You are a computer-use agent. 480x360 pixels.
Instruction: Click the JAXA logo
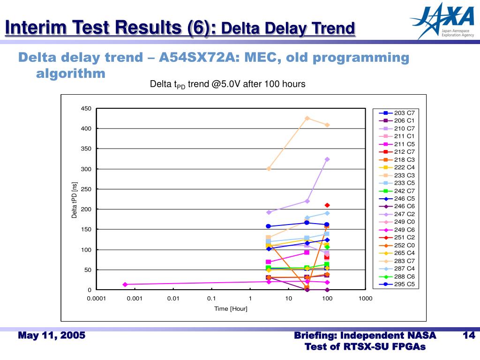tap(442, 21)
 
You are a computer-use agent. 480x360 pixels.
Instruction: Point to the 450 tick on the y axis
tap(86, 109)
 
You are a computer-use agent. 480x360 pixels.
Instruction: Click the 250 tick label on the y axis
tap(86, 189)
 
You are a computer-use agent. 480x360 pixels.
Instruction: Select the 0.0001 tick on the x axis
tap(96, 299)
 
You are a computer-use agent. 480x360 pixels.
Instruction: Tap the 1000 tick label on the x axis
tap(365, 299)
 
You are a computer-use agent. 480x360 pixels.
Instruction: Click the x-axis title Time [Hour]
tap(231, 308)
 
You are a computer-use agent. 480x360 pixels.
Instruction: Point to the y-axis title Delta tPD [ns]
tap(75, 200)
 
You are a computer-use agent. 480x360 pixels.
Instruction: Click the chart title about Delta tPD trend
tap(227, 84)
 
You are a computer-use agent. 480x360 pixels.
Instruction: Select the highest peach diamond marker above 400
tap(307, 118)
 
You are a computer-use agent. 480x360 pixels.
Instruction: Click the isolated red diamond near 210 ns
tap(327, 205)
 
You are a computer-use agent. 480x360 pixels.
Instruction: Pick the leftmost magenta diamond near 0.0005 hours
tap(125, 285)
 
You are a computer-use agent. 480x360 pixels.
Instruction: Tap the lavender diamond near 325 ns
tap(327, 159)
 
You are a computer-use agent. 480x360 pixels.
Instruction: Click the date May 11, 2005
tap(52, 336)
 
